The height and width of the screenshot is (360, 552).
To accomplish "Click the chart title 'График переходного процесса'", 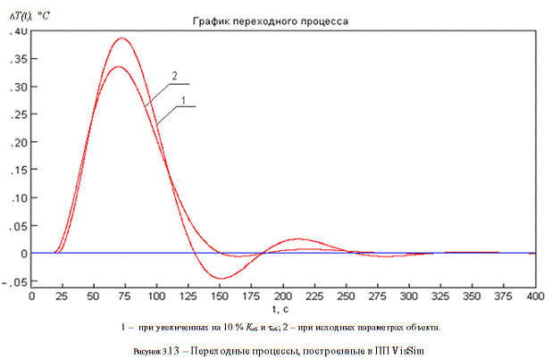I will [x=283, y=20].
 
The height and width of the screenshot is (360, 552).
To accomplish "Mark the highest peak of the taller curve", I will [x=121, y=38].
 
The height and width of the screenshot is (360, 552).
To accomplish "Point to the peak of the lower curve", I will [x=118, y=66].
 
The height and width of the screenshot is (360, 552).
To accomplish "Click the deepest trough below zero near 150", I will [x=222, y=278].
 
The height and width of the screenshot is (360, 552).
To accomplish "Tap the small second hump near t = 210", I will [x=299, y=239].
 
